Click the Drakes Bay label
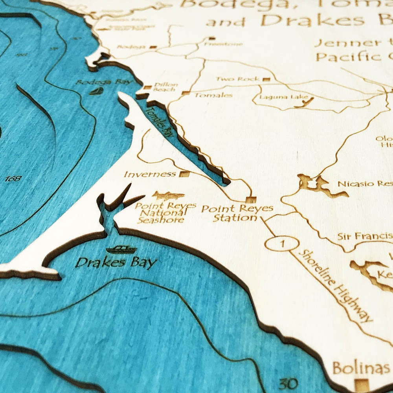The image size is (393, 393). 116,262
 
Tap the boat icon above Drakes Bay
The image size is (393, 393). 121,249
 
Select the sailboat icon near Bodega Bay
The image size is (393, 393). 97,91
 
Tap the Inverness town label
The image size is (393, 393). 150,174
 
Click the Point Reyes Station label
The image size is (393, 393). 237,213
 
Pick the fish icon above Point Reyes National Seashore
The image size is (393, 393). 168,195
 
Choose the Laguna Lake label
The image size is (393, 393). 277,96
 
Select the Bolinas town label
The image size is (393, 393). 360,369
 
